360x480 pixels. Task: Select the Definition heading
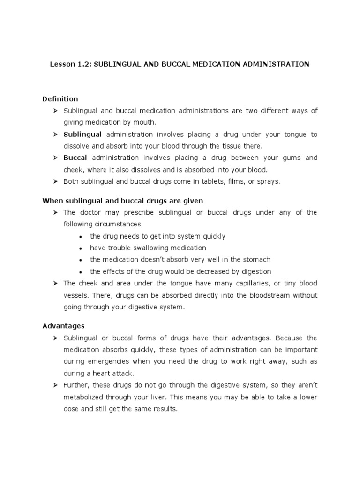point(60,99)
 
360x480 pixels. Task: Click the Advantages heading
point(63,325)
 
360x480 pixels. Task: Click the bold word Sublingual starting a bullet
point(82,135)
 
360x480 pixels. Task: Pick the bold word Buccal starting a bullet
point(75,158)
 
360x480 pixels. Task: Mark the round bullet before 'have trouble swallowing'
point(81,248)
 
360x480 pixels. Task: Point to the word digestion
point(254,271)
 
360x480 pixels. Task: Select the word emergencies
point(105,362)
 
